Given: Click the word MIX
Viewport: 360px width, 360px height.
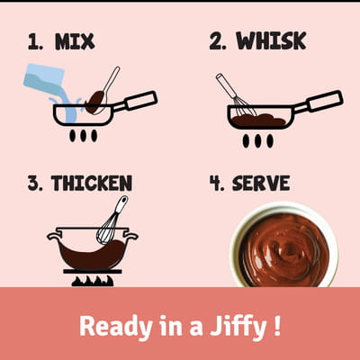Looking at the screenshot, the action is pos(75,41).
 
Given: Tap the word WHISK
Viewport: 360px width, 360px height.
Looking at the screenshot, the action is pos(271,40).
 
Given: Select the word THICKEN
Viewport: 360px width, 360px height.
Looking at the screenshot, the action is pos(92,183).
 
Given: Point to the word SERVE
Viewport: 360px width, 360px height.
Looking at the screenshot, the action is pos(261,183).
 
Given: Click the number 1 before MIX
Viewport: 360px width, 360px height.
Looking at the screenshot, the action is pos(35,41).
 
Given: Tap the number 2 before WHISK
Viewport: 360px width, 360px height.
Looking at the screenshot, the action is pos(218,41).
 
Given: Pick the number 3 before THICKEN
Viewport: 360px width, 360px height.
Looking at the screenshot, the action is pos(35,184).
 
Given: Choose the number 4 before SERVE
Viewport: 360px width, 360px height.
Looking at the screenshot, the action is pos(217,184).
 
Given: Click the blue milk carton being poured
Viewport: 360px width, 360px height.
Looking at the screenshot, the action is pos(44,78).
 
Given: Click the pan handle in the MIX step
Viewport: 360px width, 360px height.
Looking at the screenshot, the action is pos(137,102).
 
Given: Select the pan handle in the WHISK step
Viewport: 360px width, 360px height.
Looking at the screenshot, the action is pos(321,102).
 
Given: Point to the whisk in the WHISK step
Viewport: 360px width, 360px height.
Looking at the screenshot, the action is pos(236,95).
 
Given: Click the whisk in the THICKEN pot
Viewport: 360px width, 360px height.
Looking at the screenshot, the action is pos(112,220).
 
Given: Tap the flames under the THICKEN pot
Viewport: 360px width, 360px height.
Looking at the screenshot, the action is pos(93,281).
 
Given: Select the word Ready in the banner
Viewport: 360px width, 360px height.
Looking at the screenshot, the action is pos(116,327).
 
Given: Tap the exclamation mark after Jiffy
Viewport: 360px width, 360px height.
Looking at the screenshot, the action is pos(277,326).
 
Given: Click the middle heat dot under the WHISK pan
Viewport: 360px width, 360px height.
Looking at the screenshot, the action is pos(257,140).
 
